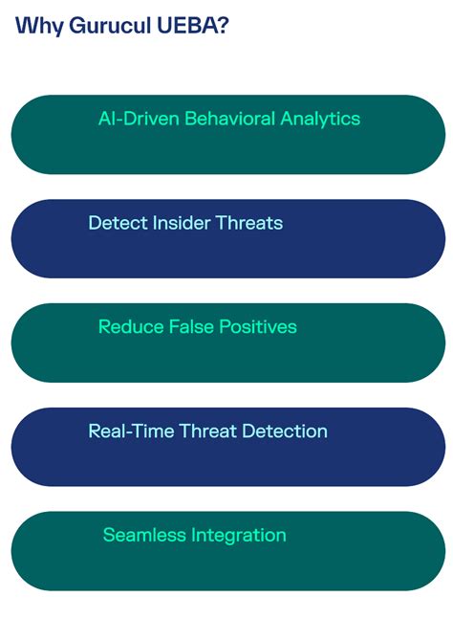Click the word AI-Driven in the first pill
pos(139,119)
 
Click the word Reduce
pos(131,327)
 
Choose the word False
pos(191,327)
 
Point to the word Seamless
pos(144,536)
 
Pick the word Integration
pos(239,536)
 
